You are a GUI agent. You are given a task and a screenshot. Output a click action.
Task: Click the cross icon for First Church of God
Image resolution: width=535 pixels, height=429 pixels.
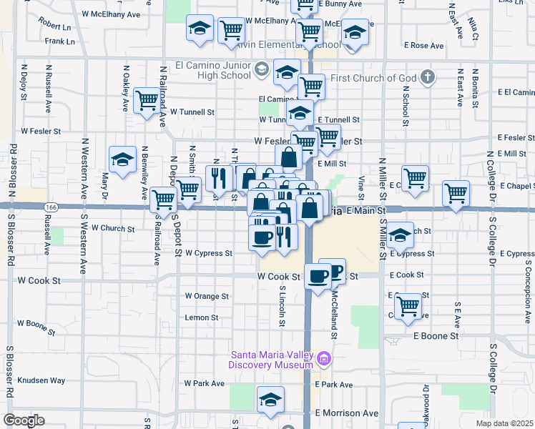(x=428, y=77)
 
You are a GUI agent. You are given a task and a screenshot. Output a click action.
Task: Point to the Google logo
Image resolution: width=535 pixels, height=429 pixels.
(x=24, y=420)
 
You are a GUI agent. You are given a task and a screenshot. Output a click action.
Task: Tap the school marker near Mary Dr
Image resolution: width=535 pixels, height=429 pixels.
(x=122, y=159)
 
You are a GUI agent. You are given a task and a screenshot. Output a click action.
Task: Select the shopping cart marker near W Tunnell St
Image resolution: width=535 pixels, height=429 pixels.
(x=147, y=99)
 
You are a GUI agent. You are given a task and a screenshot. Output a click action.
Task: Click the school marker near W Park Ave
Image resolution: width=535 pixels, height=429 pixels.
(x=270, y=399)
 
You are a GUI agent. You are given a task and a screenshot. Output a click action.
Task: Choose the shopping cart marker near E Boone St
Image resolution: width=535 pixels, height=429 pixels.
(x=408, y=305)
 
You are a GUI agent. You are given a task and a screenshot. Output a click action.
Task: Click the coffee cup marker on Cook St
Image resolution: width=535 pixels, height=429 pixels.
(x=318, y=275)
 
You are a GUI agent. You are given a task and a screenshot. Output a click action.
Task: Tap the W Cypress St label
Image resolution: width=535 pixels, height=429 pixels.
(x=209, y=253)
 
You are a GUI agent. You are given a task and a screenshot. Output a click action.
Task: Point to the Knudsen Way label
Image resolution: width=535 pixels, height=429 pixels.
(x=41, y=380)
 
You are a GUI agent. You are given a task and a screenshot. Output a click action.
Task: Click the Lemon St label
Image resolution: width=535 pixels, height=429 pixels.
(x=202, y=317)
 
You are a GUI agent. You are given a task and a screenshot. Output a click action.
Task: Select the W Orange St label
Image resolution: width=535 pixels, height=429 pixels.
(x=207, y=296)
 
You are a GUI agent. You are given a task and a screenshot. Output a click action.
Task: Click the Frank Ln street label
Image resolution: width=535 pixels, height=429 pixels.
(x=59, y=41)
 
